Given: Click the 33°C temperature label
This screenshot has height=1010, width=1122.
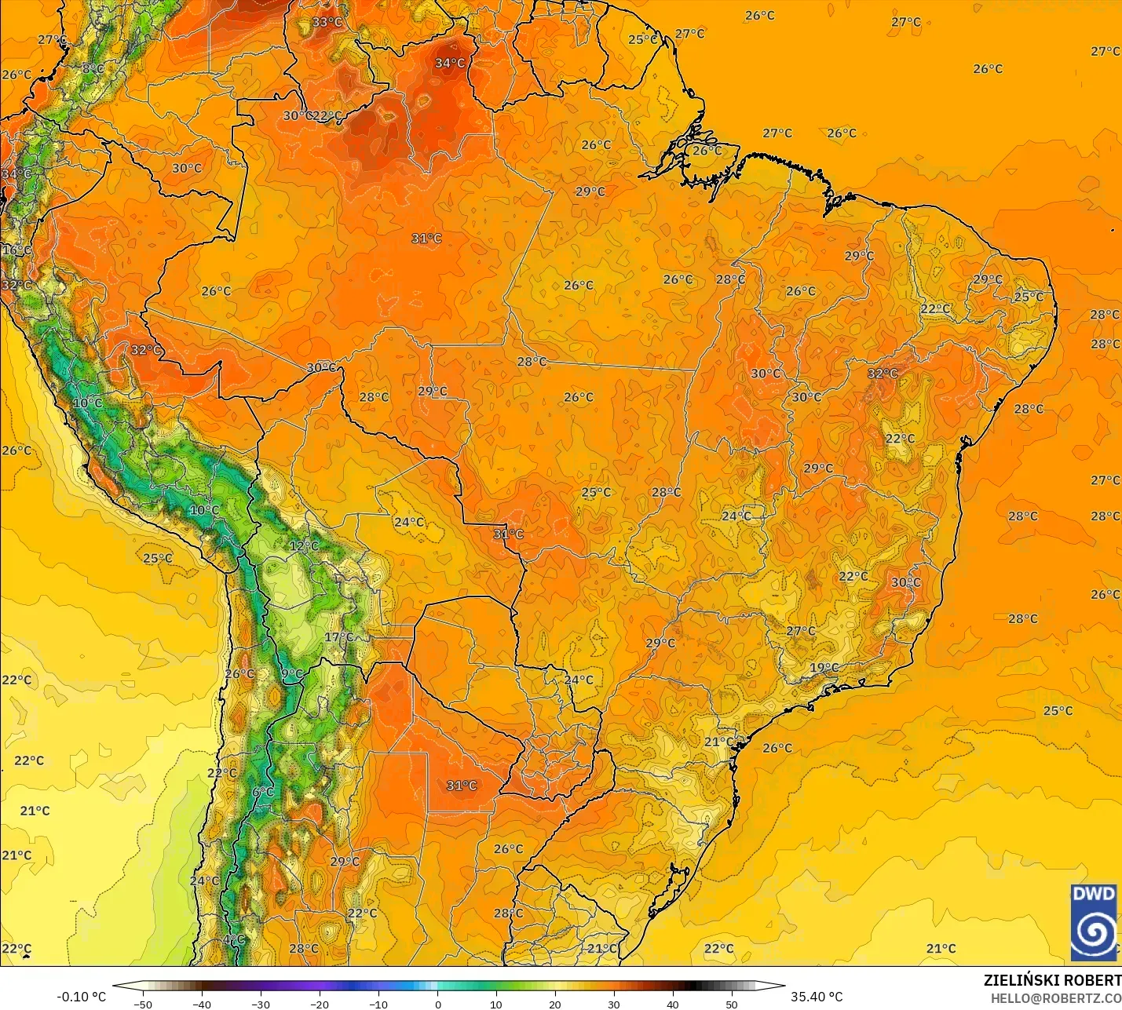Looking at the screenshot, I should pos(327,22).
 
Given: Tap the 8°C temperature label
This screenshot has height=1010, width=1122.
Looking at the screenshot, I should pos(93,68).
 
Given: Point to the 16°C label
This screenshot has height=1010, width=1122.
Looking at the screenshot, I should pos(16,250).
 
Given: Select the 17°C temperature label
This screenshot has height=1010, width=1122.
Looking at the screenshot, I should pos(338,637).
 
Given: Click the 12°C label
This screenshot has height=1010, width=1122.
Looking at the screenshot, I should pos(304,546).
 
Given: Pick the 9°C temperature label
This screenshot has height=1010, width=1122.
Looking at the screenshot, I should pos(292,674).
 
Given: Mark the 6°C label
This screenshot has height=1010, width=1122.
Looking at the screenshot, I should pos(263,793).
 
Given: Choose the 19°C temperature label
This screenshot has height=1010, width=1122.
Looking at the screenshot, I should pos(824,668).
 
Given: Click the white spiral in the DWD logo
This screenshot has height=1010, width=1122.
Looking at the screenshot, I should pos(1093,932).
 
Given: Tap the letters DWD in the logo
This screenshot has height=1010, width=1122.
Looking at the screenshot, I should pos(1093,894).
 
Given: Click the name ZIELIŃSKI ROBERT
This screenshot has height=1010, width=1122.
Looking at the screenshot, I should pos(1052,980).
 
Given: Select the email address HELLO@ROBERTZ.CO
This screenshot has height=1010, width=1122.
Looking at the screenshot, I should pos(1055,998).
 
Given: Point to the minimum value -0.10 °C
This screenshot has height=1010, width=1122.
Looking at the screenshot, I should pos(81,997).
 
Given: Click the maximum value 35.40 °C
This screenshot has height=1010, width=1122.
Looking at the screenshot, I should pos(817,997).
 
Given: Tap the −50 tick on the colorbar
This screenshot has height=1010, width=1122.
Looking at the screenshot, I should pos(142,1004).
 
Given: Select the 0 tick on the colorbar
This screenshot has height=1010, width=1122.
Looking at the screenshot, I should pos(437,1004).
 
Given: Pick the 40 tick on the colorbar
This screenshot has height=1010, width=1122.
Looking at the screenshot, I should pos(673,1004).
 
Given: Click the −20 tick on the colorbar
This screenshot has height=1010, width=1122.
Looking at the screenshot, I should pos(319,1004).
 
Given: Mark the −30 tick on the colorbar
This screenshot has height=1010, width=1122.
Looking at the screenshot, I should pos(260,1004).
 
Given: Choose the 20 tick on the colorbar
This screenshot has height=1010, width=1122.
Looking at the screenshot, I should pos(555,1004).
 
